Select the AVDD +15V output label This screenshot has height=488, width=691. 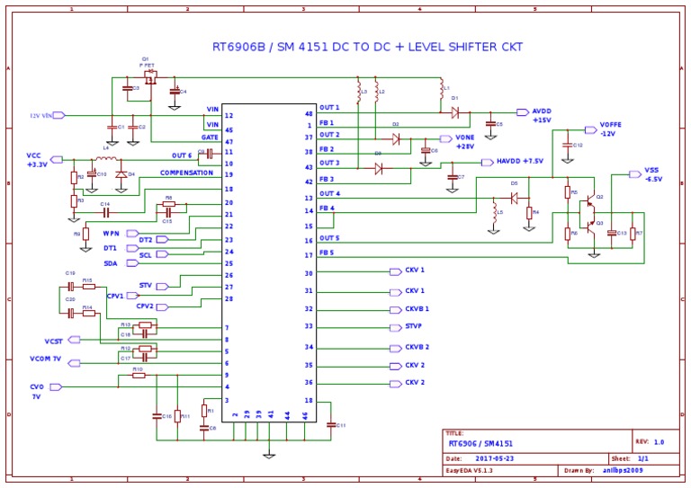542,115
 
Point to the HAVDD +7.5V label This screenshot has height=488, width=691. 520,162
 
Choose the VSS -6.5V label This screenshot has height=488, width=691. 653,174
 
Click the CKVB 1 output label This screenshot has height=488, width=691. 417,308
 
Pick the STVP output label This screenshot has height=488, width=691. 414,327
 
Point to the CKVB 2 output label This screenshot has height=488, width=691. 417,347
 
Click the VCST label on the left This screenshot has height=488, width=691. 54,342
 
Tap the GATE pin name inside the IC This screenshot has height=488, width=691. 210,138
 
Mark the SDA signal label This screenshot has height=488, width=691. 111,263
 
